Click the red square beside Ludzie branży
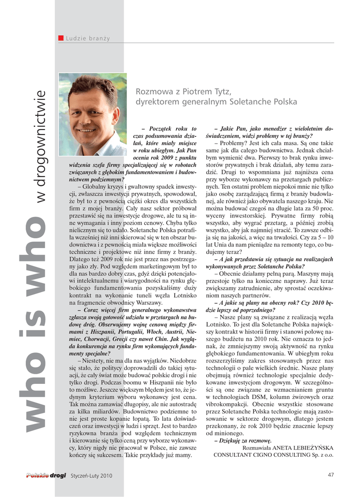pyautogui.click(x=61, y=38)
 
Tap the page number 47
pyautogui.click(x=331, y=475)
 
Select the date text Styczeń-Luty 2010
pyautogui.click(x=91, y=476)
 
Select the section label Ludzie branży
pyautogui.click(x=88, y=38)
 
